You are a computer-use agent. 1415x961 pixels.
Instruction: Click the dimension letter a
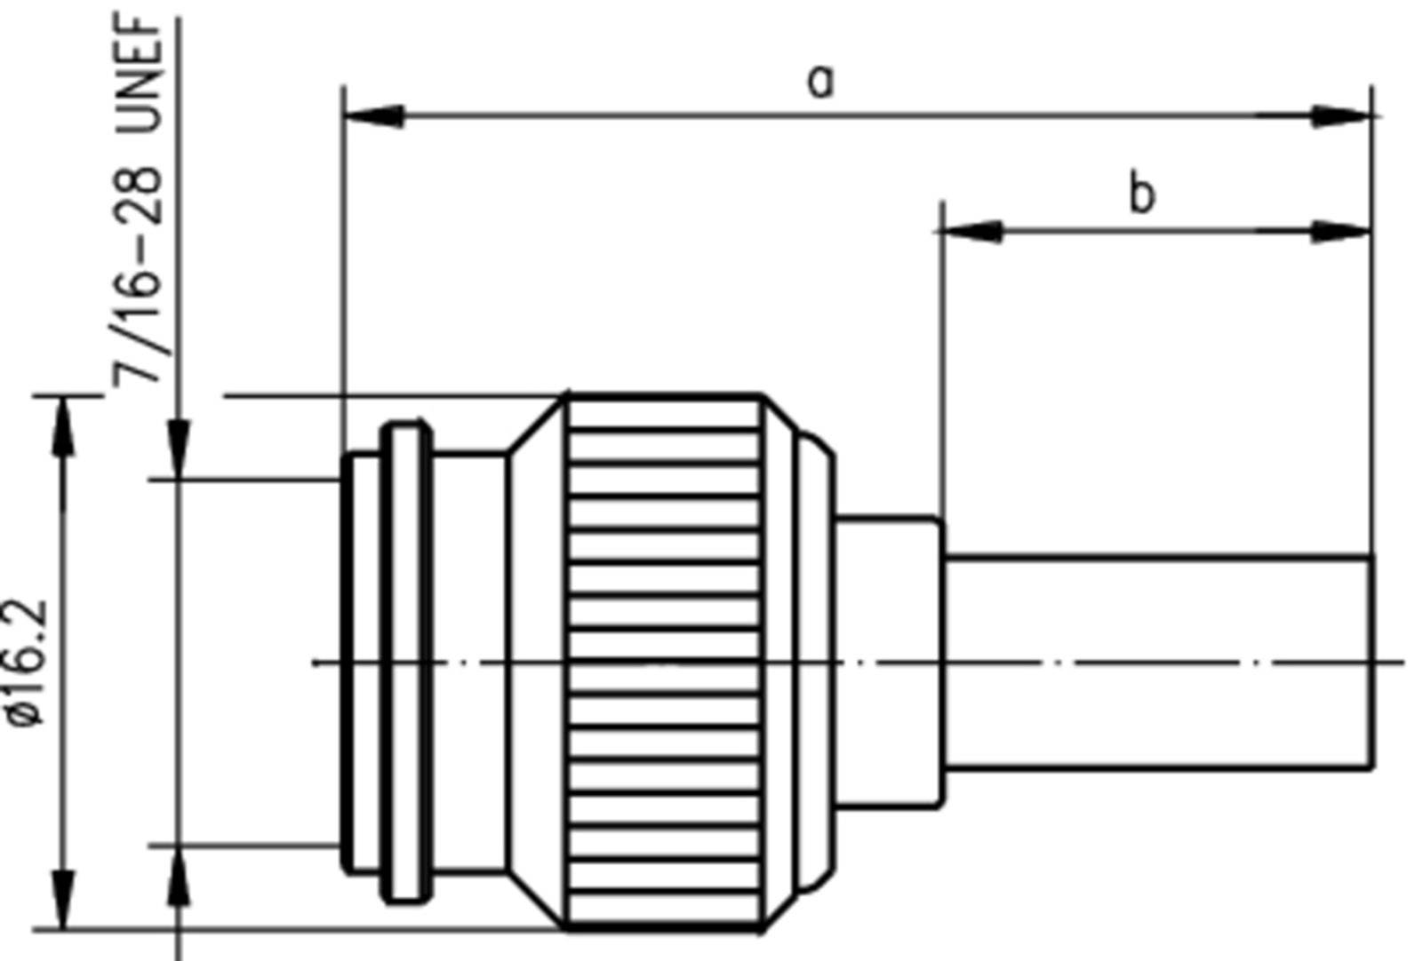[x=821, y=82]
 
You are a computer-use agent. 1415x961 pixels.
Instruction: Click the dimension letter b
[x=1142, y=194]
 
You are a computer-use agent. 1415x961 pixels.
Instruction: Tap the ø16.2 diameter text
[x=27, y=663]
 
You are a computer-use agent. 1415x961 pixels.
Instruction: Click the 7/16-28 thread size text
[x=139, y=275]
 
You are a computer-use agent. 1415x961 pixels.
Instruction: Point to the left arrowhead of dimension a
[x=373, y=115]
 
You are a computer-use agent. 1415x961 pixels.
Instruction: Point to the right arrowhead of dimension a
[x=1342, y=115]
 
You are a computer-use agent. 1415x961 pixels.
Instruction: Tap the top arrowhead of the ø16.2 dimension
[x=63, y=426]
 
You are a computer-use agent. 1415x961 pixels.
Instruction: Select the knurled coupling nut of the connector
[x=663, y=662]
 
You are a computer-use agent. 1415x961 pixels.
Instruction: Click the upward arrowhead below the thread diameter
[x=180, y=876]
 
